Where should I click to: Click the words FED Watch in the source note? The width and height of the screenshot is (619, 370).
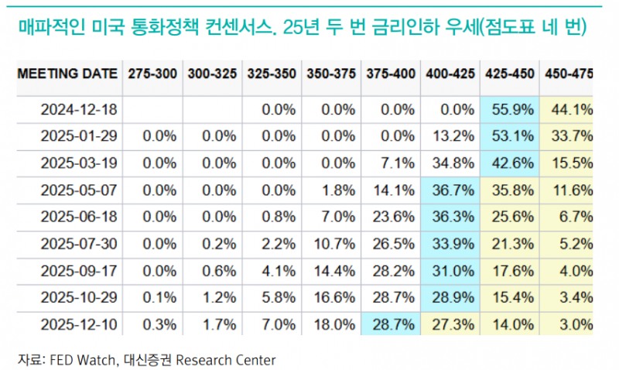coord(78,359)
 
